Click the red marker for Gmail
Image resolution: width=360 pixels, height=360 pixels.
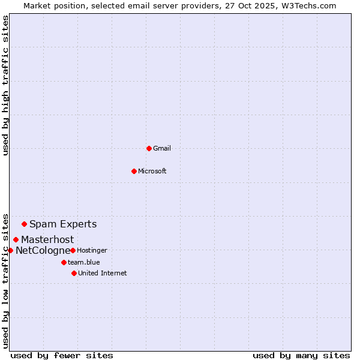[149, 148]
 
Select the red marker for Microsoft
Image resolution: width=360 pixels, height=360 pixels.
[134, 171]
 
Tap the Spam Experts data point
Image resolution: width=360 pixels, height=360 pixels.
[24, 224]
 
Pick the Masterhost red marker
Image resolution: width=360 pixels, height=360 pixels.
[16, 240]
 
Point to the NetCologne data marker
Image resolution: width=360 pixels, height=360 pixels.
[10, 250]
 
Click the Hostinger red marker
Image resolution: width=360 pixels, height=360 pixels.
[73, 250]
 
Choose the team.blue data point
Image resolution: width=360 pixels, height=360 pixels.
[64, 262]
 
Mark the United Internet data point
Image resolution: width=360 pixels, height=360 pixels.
[74, 273]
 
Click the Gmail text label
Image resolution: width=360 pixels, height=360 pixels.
[162, 148]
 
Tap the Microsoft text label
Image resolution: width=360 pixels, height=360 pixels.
[152, 171]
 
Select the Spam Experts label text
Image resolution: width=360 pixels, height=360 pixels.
[63, 224]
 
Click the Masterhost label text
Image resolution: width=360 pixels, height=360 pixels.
[47, 240]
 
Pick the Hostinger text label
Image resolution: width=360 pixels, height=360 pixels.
[92, 250]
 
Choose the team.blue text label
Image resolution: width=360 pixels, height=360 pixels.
[84, 262]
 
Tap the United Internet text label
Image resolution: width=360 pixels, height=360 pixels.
[103, 273]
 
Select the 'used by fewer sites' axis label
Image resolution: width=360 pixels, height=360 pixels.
[62, 355]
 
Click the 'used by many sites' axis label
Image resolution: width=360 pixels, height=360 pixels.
[301, 355]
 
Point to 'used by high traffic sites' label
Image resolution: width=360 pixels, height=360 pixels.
[5, 85]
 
